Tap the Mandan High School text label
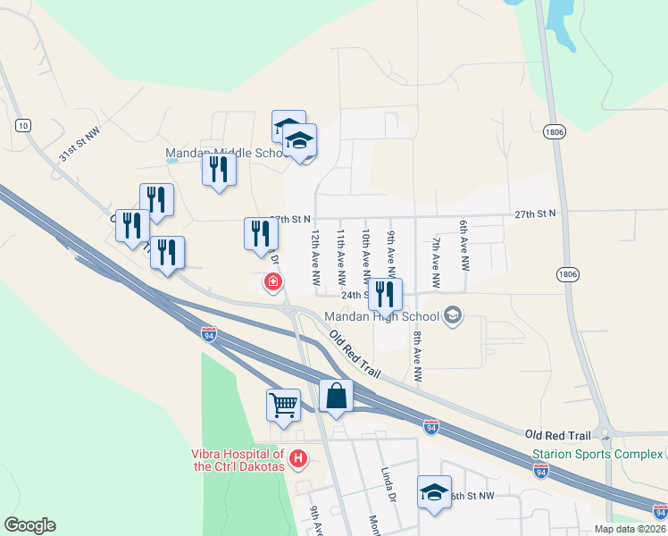[x=381, y=315]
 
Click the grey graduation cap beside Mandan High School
[x=453, y=314]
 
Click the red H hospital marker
[x=298, y=460]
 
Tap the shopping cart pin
[x=283, y=404]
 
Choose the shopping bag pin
[x=337, y=396]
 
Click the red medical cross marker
[x=272, y=284]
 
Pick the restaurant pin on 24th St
[x=385, y=294]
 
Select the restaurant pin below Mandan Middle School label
[x=219, y=170]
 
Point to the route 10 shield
[x=23, y=124]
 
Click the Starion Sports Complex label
[x=597, y=454]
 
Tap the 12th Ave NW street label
[x=316, y=257]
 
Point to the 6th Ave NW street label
[x=464, y=247]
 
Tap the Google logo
[x=29, y=525]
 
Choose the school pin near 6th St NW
[x=434, y=493]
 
